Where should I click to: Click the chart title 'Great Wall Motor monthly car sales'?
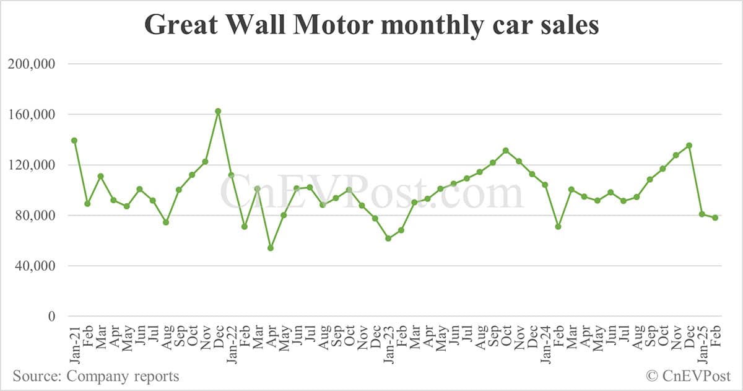coord(371,25)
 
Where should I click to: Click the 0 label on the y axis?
coord(52,317)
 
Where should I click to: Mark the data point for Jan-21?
coord(74,141)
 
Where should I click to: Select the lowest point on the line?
coord(271,248)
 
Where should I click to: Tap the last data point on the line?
coord(715,217)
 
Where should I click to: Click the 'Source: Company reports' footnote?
coord(96,376)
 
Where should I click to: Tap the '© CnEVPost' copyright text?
coord(688,376)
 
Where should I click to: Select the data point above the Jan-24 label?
coord(545,185)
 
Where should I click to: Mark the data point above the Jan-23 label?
coord(388,239)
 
